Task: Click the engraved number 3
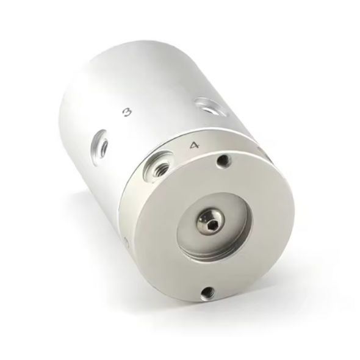pyautogui.click(x=127, y=113)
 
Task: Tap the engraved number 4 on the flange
pyautogui.click(x=193, y=145)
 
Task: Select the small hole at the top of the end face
pyautogui.click(x=223, y=160)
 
